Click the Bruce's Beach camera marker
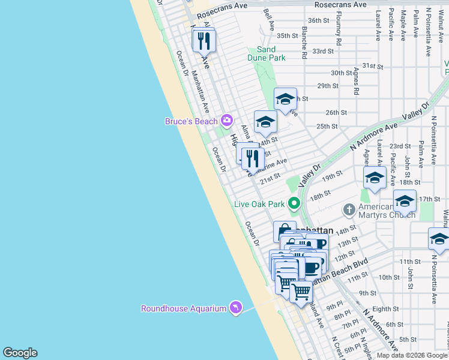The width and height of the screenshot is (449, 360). pos(226,121)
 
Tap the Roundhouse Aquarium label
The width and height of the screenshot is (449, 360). pos(183,308)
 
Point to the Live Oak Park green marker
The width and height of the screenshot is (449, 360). pos(294,204)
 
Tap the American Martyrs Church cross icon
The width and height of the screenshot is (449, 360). pos(349,209)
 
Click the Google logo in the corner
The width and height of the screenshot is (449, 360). pos(20,353)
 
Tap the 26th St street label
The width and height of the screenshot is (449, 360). pos(336,112)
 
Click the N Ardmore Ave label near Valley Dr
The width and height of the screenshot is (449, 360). pos(375,137)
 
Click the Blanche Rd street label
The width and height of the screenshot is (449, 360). pos(305,42)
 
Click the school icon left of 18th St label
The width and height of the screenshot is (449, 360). pos(375,178)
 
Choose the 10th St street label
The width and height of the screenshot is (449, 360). pos(389,277)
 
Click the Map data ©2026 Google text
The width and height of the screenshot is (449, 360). pos(412,355)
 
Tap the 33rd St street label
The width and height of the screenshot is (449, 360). pos(322,51)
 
